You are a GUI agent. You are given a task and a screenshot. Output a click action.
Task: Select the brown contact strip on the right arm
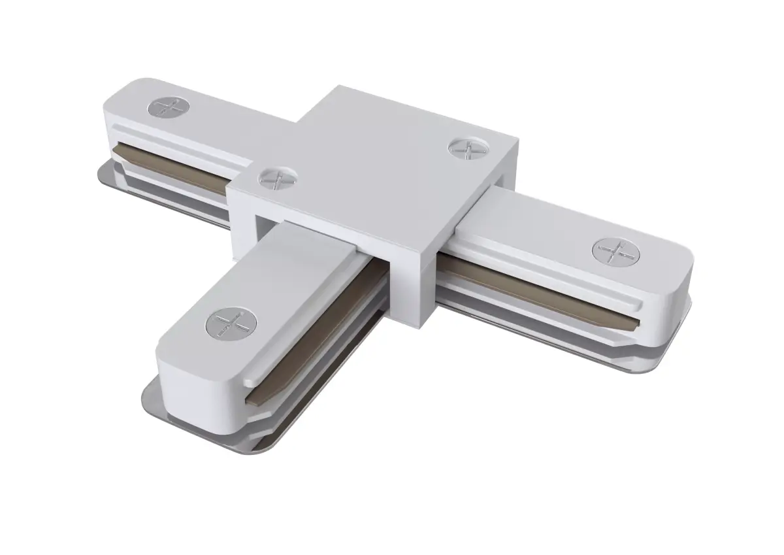(x=536, y=292)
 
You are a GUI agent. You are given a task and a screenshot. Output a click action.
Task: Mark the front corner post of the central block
(x=408, y=288)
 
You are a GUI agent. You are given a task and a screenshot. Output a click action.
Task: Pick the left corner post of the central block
(x=242, y=216)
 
